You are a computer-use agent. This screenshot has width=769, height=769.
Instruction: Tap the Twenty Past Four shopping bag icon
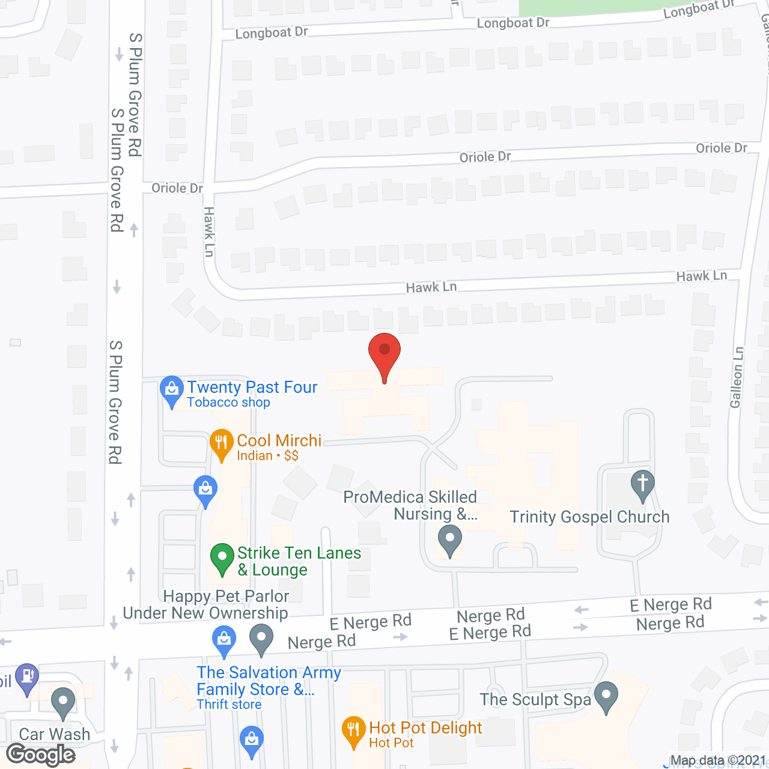click(172, 391)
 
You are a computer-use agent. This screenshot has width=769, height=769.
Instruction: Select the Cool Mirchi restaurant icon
click(222, 443)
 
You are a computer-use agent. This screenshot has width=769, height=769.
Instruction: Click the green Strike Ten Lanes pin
click(222, 558)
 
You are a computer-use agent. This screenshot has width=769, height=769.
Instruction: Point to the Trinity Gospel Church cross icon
click(642, 484)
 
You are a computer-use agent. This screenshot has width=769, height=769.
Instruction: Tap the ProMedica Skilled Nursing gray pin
click(449, 539)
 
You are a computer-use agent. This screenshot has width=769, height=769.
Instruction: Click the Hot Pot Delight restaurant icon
click(354, 731)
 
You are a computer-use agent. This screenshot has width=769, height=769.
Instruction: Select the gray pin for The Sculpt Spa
click(606, 696)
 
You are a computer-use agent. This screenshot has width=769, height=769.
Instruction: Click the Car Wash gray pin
click(63, 702)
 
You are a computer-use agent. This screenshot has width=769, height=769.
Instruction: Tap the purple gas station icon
click(27, 677)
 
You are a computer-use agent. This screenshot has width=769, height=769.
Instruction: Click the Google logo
click(41, 755)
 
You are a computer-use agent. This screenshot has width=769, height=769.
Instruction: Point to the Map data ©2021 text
click(718, 761)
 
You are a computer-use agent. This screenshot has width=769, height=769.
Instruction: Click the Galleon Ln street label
click(737, 377)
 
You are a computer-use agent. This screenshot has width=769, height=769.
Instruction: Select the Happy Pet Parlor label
click(226, 596)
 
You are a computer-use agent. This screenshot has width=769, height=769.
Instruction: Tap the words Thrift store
click(229, 705)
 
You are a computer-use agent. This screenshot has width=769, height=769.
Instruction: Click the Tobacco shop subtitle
click(228, 403)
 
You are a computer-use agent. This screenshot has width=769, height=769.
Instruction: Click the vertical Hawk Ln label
click(209, 232)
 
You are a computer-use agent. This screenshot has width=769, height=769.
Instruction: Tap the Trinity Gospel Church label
click(589, 517)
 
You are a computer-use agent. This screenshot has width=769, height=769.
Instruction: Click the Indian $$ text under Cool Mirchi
click(267, 456)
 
